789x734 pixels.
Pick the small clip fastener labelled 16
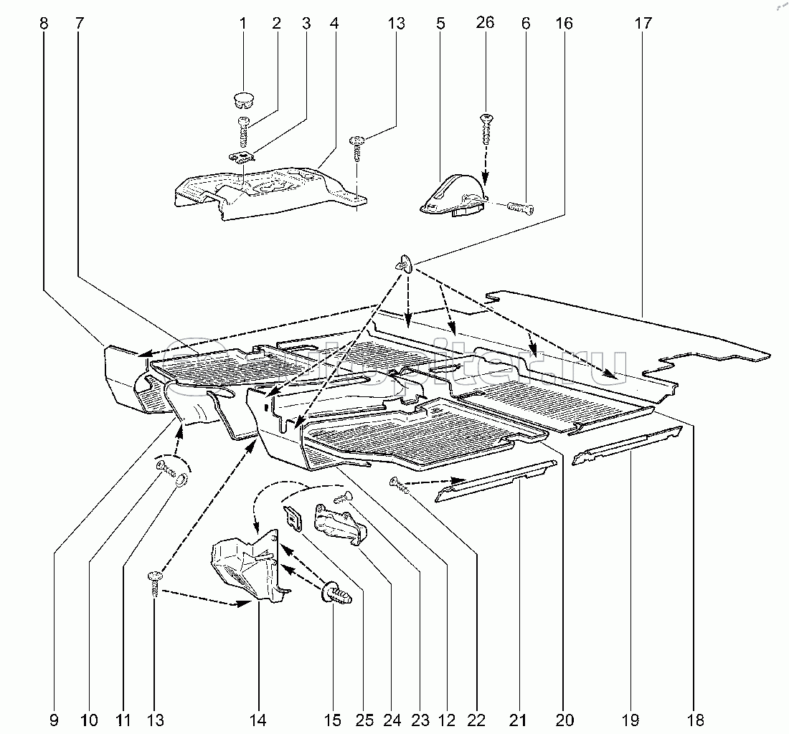tap(405, 264)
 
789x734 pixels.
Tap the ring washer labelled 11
tap(184, 480)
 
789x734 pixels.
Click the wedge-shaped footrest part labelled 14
tap(244, 566)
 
